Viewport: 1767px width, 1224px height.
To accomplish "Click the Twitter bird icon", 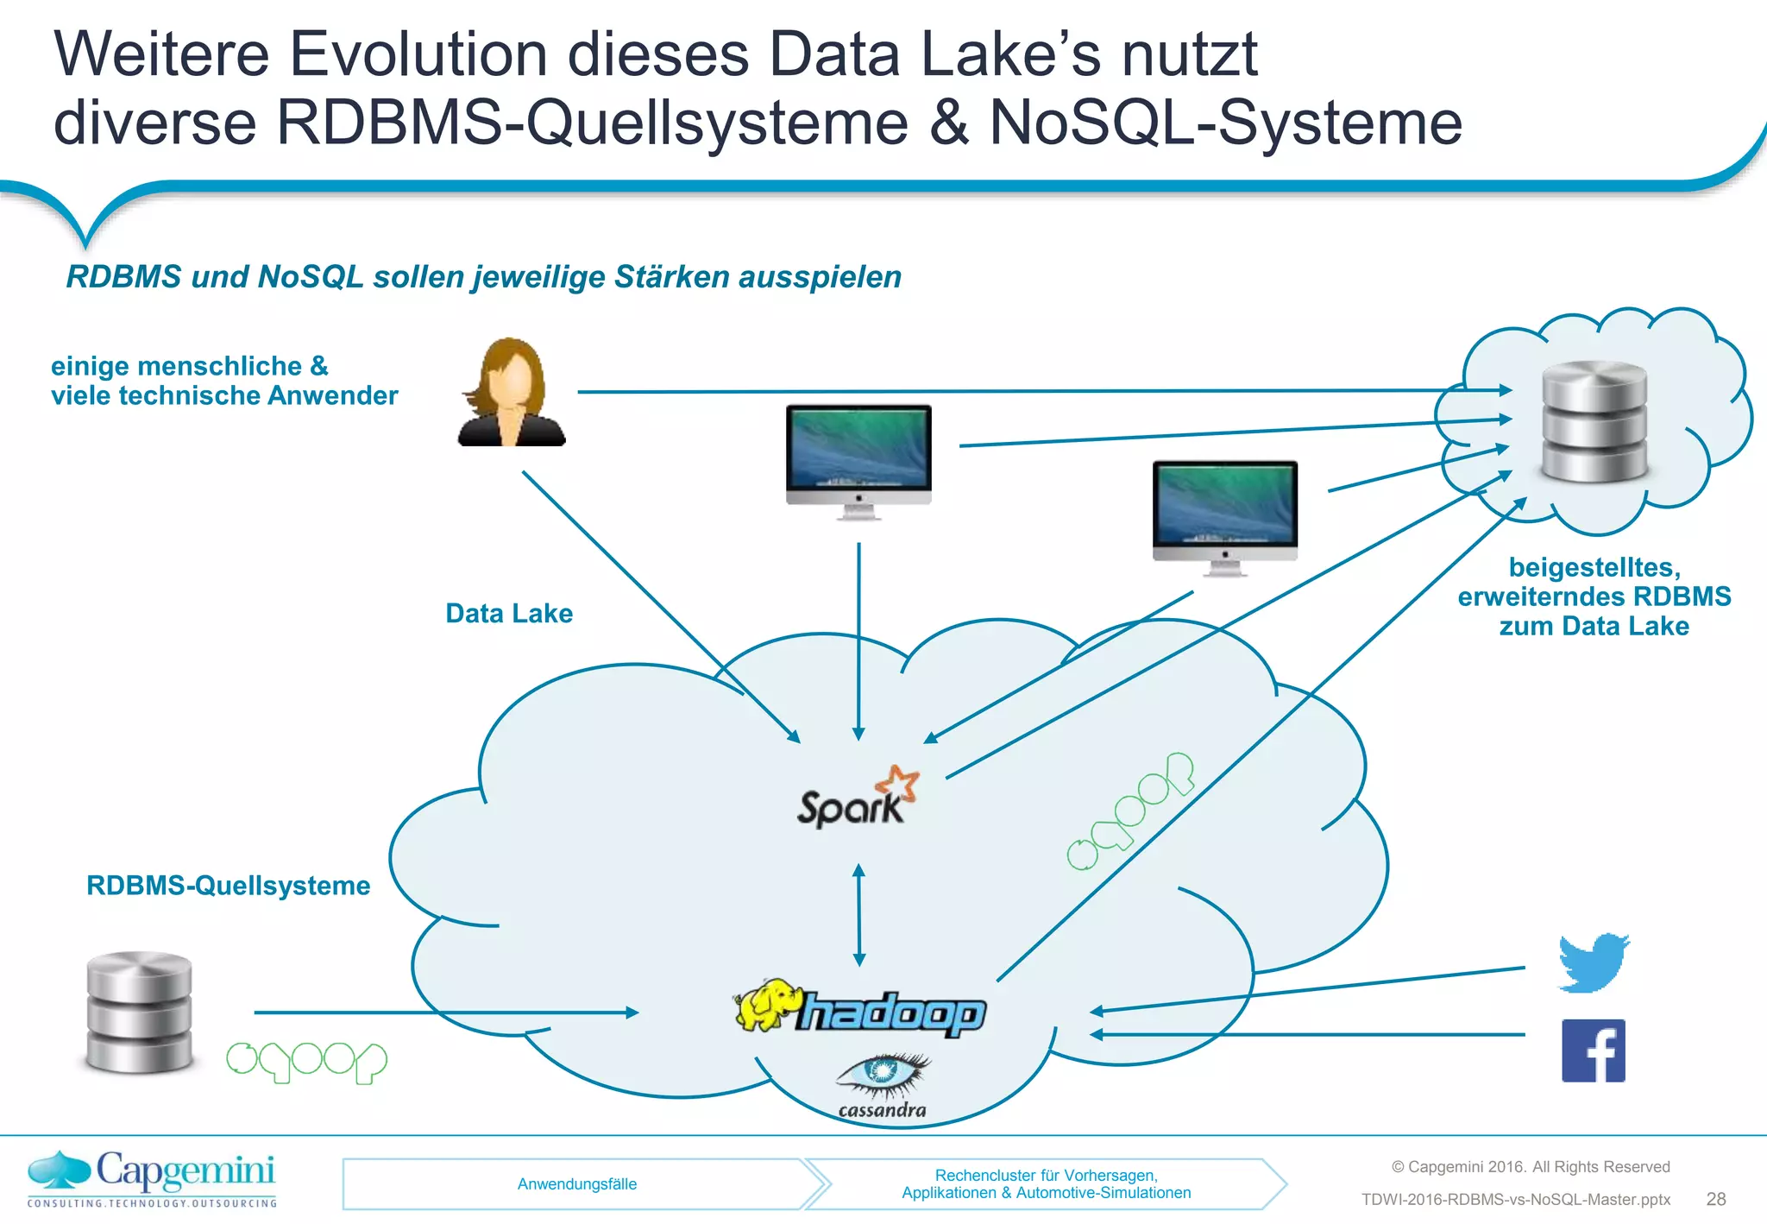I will (x=1594, y=962).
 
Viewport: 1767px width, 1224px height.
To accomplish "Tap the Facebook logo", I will (x=1594, y=1050).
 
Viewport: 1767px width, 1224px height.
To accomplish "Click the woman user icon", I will (x=512, y=393).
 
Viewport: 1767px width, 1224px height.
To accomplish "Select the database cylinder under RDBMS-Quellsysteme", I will (x=139, y=1012).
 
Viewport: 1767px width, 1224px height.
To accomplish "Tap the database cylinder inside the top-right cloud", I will (x=1594, y=421).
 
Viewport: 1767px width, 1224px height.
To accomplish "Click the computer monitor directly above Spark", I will (x=858, y=460).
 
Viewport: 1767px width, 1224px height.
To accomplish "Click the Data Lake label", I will (x=509, y=613).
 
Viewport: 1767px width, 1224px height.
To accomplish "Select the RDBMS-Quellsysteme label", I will (x=229, y=886).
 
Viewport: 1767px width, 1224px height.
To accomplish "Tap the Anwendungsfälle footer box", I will (x=576, y=1184).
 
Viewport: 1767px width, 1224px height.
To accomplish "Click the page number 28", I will (x=1716, y=1199).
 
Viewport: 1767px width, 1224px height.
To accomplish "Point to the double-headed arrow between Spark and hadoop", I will (x=858, y=915).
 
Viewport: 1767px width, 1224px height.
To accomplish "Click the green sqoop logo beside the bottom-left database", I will (x=306, y=1061).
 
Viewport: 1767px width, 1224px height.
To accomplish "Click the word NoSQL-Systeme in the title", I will (x=1225, y=123).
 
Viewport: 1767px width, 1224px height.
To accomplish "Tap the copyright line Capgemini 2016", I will (x=1531, y=1167).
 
